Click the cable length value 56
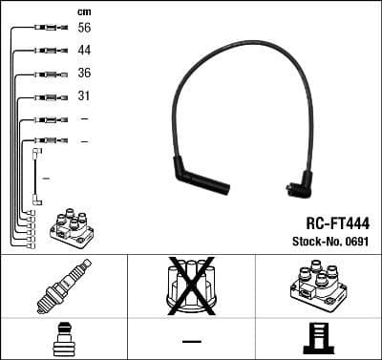(x=84, y=29)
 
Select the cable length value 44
(x=84, y=51)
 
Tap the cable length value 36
(x=84, y=74)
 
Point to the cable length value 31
(x=84, y=96)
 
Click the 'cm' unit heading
(x=83, y=11)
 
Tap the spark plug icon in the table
(x=63, y=286)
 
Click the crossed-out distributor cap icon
(x=190, y=286)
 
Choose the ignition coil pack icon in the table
(x=317, y=286)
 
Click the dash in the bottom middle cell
(x=191, y=340)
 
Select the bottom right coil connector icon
(x=317, y=340)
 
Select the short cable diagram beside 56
(x=47, y=29)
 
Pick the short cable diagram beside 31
(x=47, y=96)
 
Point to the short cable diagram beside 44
(x=47, y=52)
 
